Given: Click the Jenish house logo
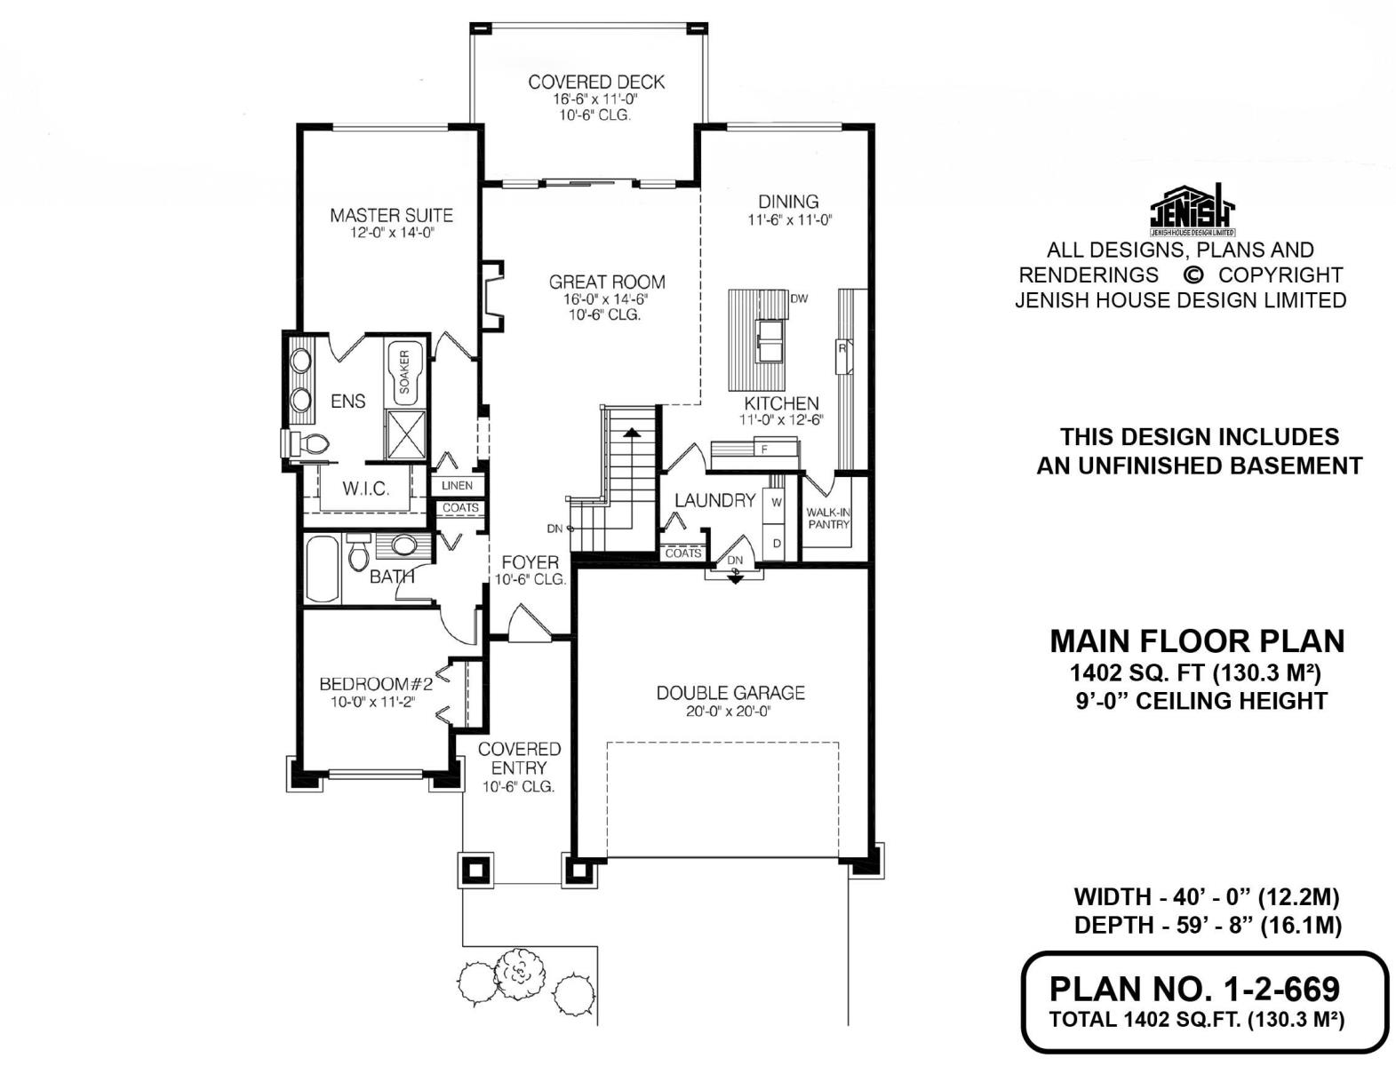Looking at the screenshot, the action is click(x=1193, y=211).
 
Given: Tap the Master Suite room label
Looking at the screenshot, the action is click(x=391, y=215).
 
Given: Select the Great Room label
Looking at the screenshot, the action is click(x=607, y=282).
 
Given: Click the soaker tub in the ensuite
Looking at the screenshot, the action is click(x=403, y=372).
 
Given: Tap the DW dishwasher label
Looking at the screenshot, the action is click(x=799, y=298).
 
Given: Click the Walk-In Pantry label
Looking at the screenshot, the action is click(x=829, y=518).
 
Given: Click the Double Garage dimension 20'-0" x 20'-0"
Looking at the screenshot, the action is click(x=729, y=712).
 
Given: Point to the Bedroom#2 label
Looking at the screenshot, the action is click(x=376, y=684).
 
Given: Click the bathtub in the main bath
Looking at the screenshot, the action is click(x=323, y=569).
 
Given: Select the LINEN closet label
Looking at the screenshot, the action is click(x=458, y=486).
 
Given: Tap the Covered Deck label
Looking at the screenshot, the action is click(x=596, y=82).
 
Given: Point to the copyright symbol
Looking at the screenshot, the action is click(x=1193, y=274).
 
